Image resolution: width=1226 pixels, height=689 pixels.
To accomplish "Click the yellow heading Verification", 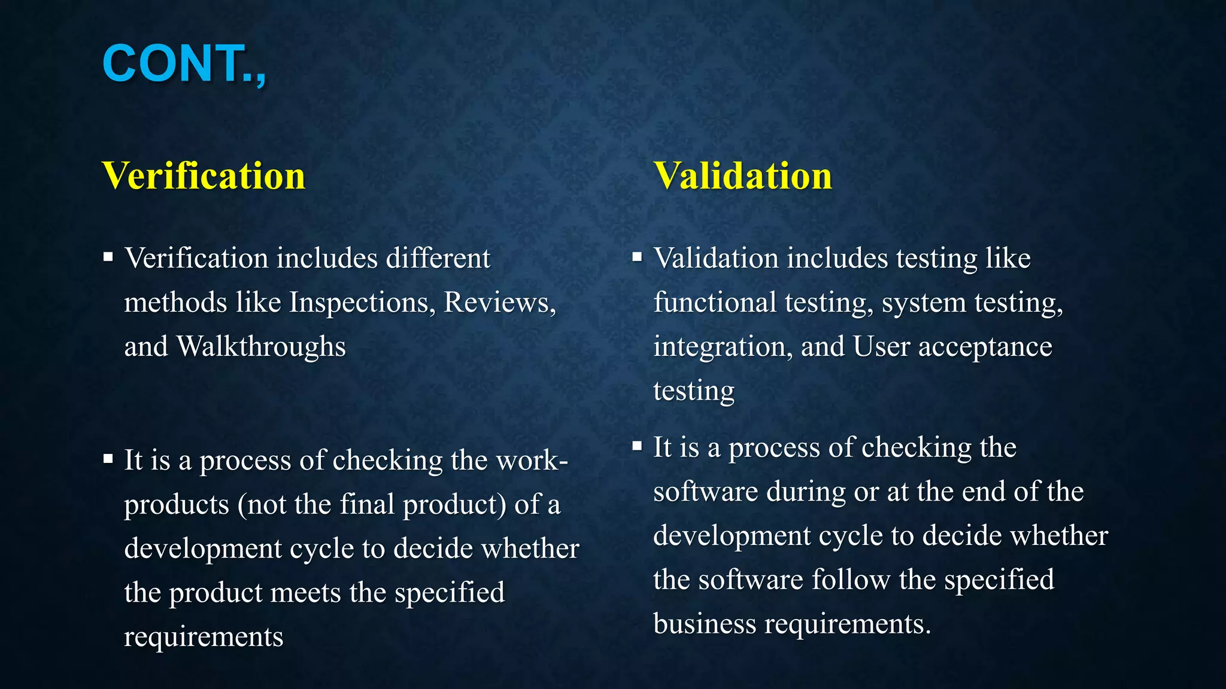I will pyautogui.click(x=204, y=176).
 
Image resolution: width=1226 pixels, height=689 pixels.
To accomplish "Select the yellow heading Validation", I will pyautogui.click(x=742, y=176).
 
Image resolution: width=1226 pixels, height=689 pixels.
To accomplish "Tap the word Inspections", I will pyautogui.click(x=362, y=303).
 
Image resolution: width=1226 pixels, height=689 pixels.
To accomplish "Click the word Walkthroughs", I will pyautogui.click(x=261, y=347).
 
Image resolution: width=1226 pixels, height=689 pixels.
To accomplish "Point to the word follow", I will pyautogui.click(x=851, y=580).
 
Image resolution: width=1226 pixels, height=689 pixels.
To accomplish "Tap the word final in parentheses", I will pyautogui.click(x=367, y=504).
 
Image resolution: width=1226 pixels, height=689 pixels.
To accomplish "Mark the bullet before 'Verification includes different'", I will pyautogui.click(x=108, y=258).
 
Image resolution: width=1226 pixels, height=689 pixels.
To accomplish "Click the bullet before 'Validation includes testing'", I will pyautogui.click(x=637, y=258).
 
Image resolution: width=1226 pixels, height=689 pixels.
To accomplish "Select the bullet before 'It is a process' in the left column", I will pyautogui.click(x=108, y=459).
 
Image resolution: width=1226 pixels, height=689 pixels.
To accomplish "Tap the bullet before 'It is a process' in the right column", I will pyautogui.click(x=637, y=446).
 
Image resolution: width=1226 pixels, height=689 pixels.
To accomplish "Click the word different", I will pyautogui.click(x=438, y=258).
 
